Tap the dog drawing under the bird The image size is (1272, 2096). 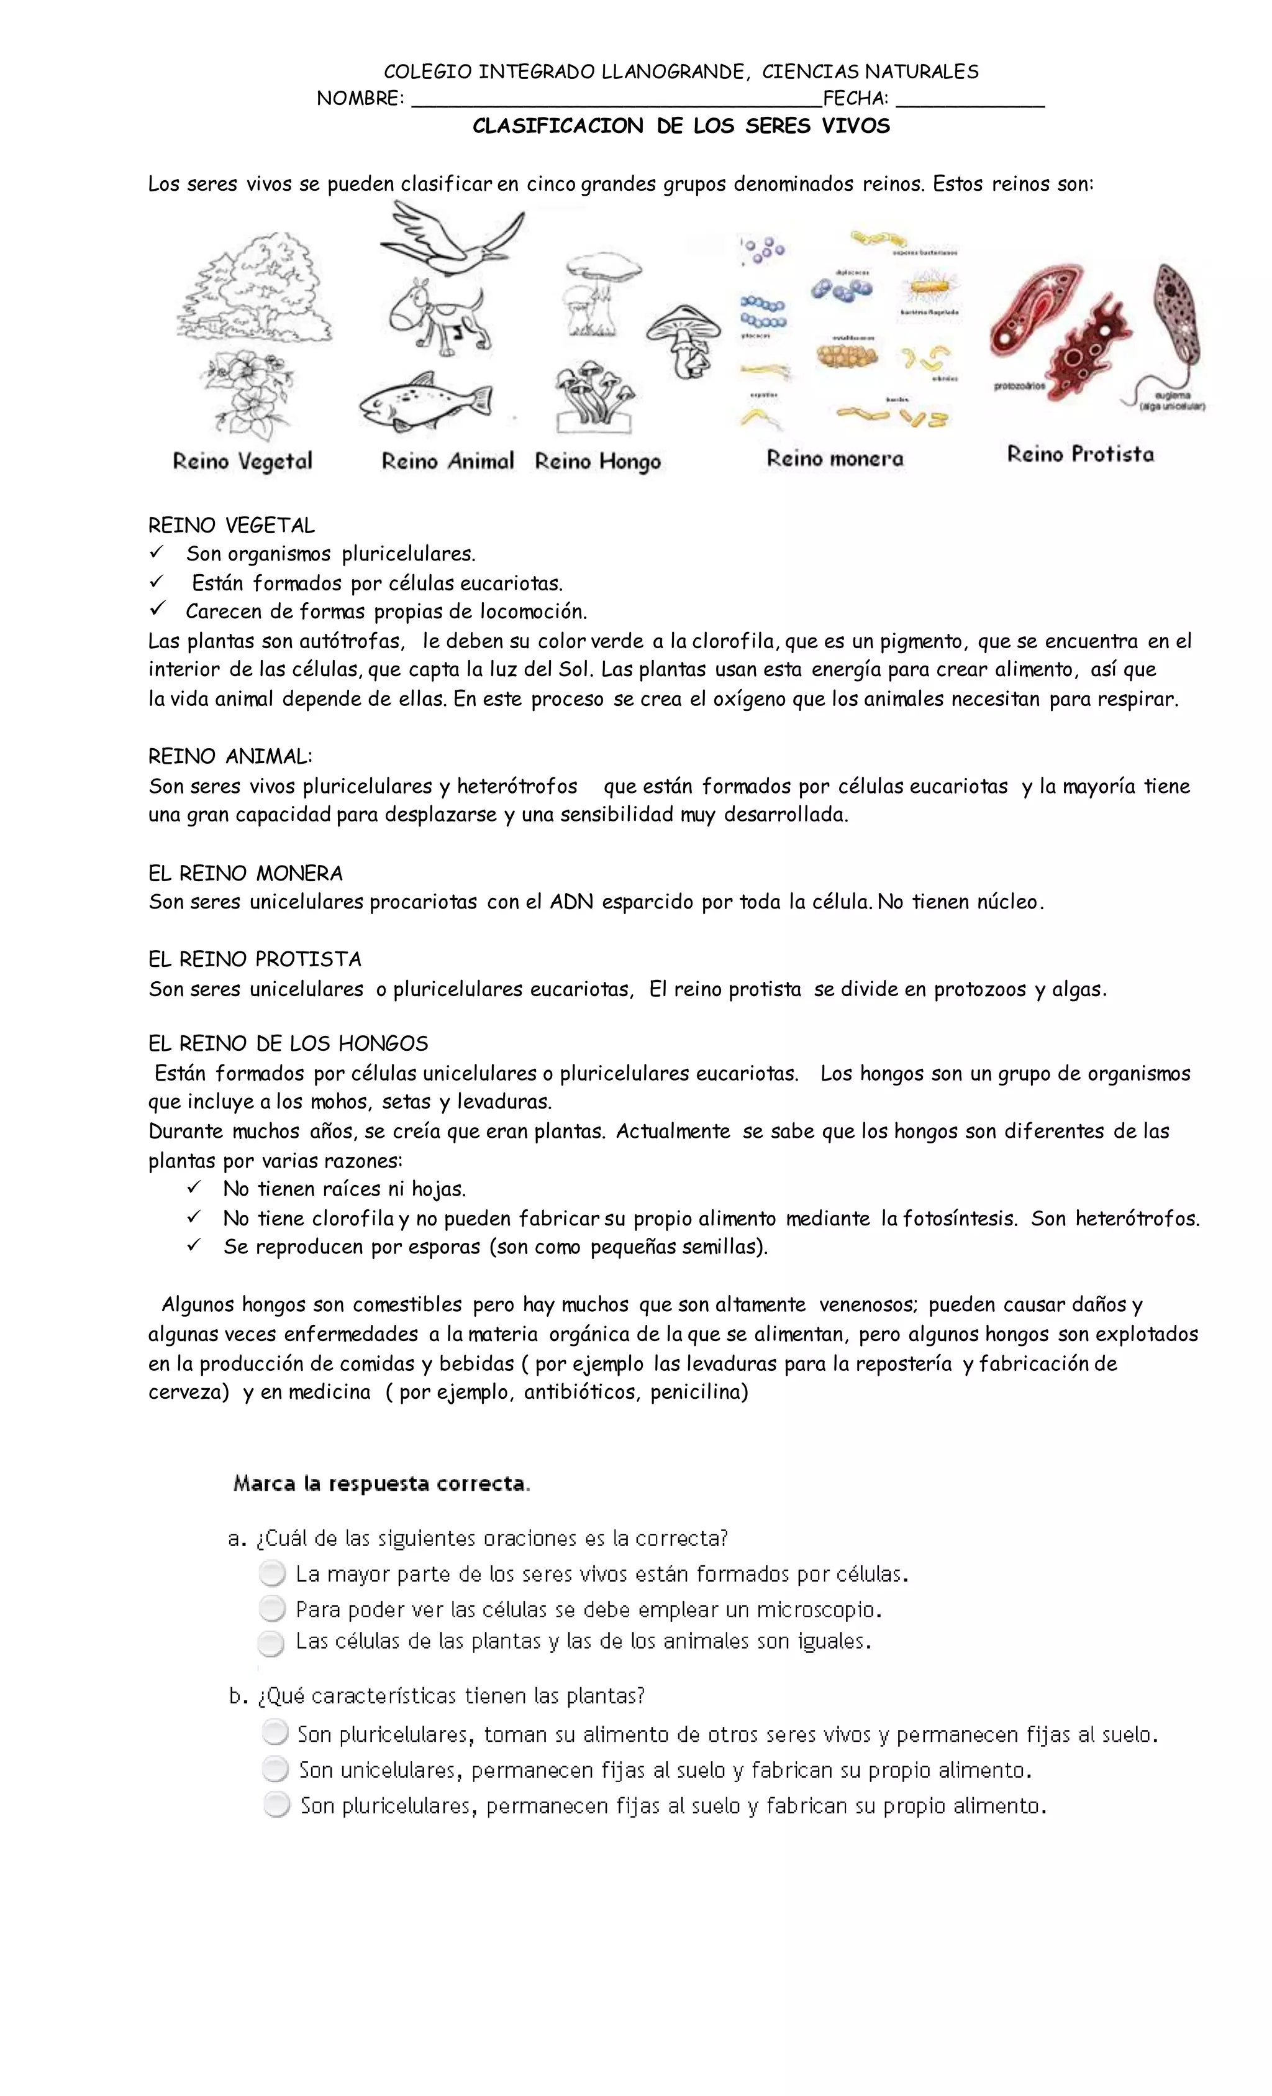pyautogui.click(x=438, y=314)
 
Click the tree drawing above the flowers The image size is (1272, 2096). pyautogui.click(x=255, y=289)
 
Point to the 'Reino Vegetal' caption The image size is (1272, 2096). pyautogui.click(x=242, y=461)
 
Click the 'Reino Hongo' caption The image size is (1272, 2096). pyautogui.click(x=597, y=461)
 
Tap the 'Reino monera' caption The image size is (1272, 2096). pyautogui.click(x=835, y=459)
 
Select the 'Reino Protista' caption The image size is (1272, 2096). pyautogui.click(x=1080, y=454)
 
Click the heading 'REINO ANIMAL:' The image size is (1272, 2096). pyautogui.click(x=230, y=756)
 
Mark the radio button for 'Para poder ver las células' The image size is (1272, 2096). pyautogui.click(x=272, y=1609)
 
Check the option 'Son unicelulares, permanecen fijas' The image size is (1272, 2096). pyautogui.click(x=275, y=1769)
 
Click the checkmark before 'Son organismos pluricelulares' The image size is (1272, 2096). pyautogui.click(x=157, y=553)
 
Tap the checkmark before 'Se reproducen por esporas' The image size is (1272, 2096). pyautogui.click(x=194, y=1245)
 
